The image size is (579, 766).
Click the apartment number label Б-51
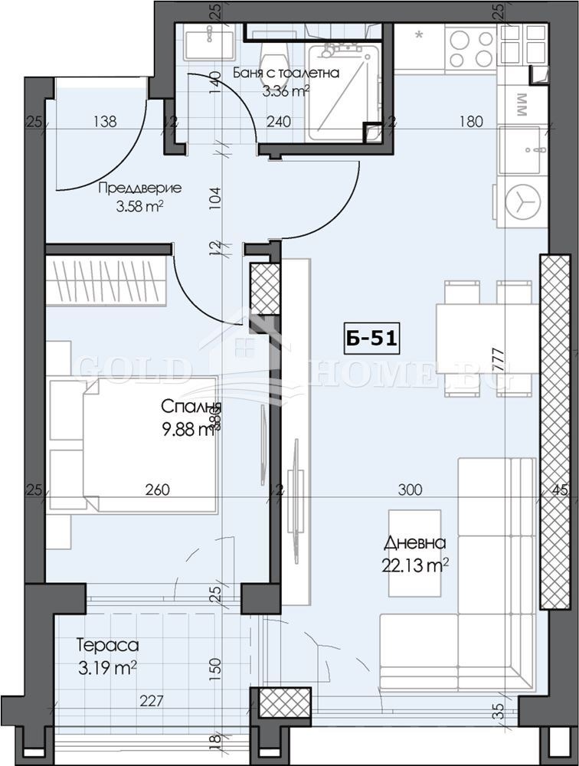371,338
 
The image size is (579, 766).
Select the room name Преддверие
129,188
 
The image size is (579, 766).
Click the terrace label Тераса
108,647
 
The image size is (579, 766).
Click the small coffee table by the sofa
414,553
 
